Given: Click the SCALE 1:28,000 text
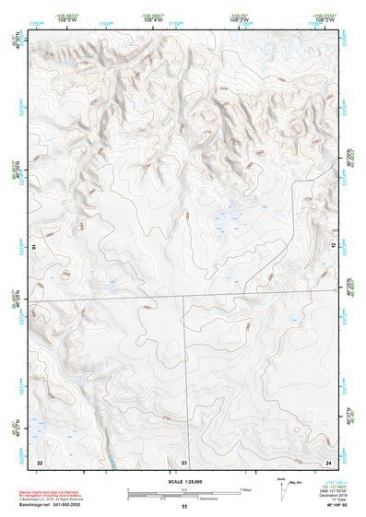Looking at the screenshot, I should tap(184, 480).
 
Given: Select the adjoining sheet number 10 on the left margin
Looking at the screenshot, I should tap(33, 247).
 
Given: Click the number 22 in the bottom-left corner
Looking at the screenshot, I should tap(40, 461).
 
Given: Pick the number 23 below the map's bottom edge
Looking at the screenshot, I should tap(184, 461).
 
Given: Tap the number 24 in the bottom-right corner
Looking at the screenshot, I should tap(327, 461).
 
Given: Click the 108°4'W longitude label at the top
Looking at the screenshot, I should tap(148, 18).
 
